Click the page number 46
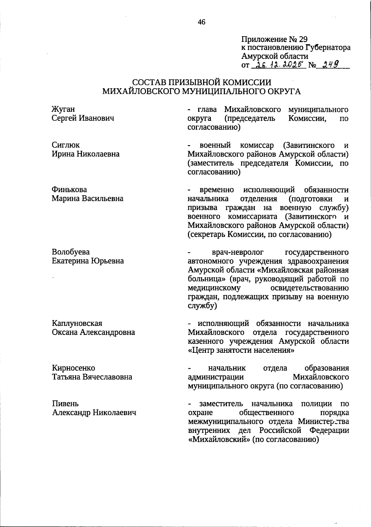coord(202,22)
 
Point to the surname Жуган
coord(63,109)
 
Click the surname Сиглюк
coord(66,145)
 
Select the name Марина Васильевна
coord(87,198)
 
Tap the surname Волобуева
coord(71,252)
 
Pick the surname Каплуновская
coord(77,323)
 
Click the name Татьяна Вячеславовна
coord(92,377)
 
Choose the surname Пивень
coord(65,404)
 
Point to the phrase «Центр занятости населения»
coord(241,350)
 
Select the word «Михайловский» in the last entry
coord(219,439)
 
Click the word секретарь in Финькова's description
coord(206,234)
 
